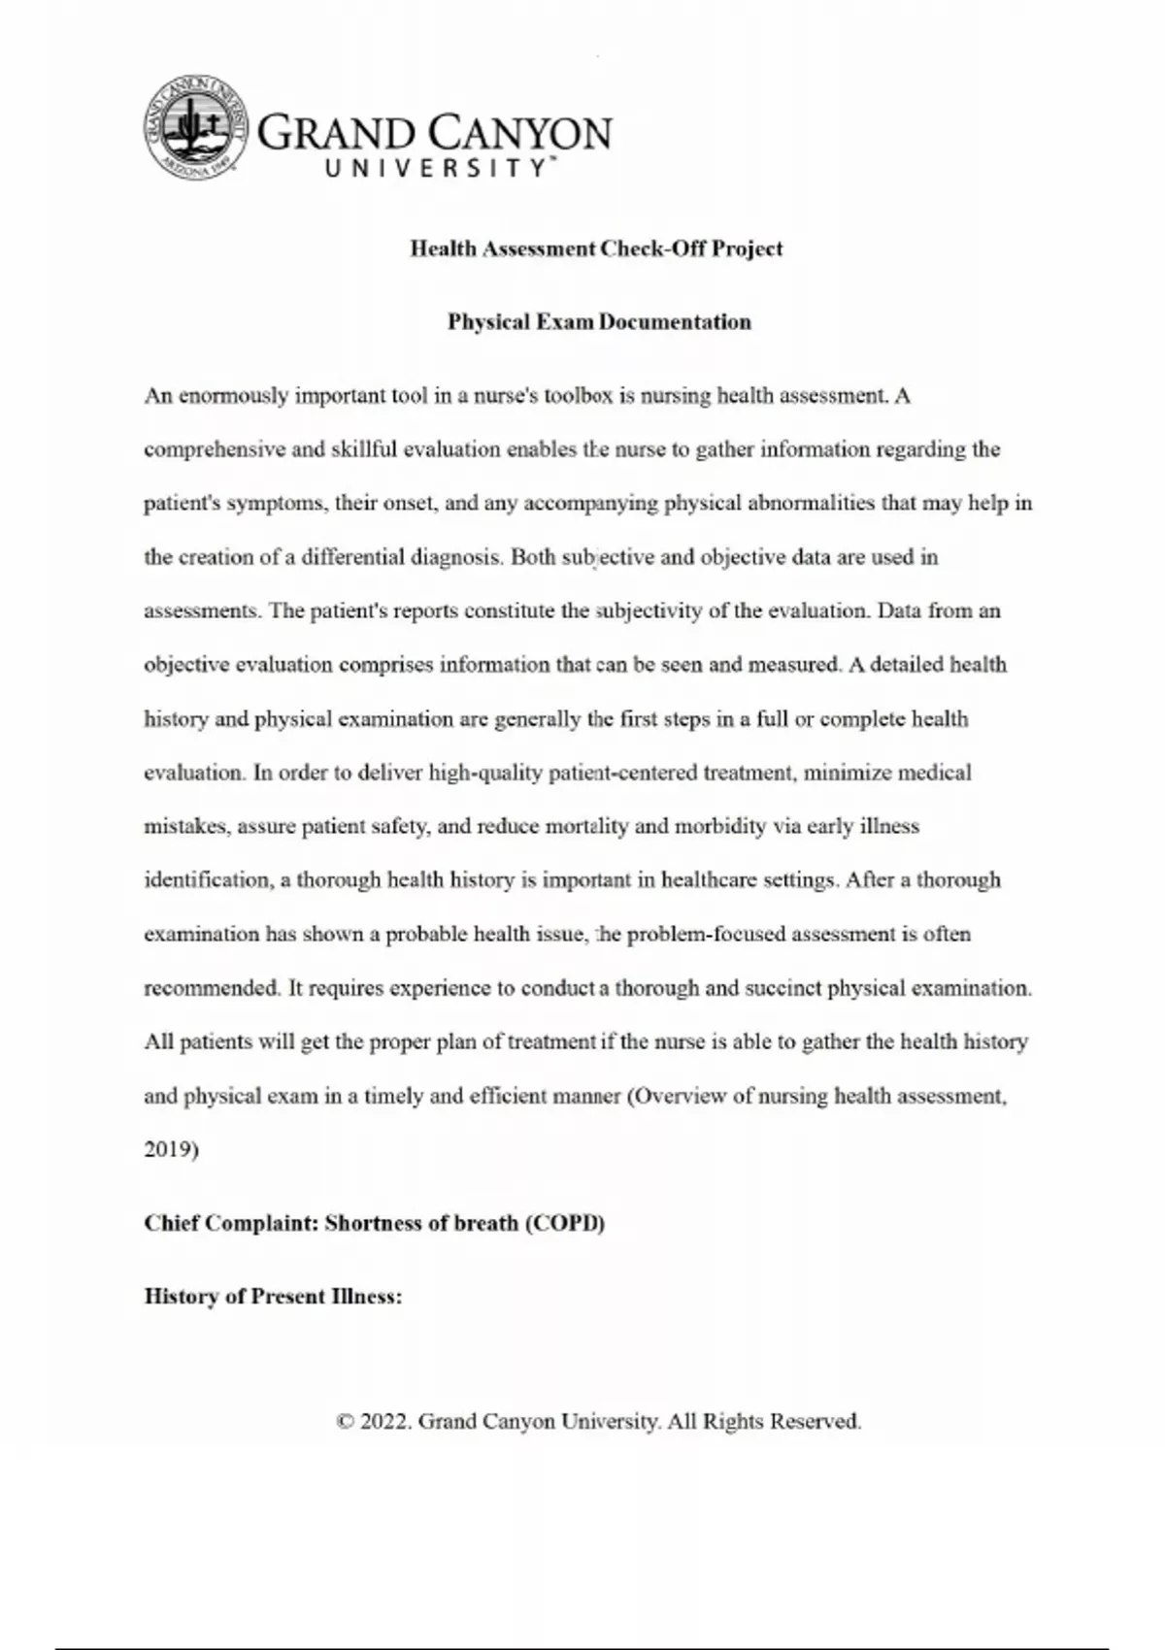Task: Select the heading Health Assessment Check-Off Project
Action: coord(596,248)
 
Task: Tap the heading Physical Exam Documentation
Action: coord(599,322)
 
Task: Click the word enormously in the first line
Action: coord(233,396)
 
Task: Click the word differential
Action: coord(353,557)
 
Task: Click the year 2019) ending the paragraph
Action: coord(171,1150)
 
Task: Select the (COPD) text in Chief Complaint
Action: coord(564,1223)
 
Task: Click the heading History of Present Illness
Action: coord(273,1297)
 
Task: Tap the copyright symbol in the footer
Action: coord(345,1422)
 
